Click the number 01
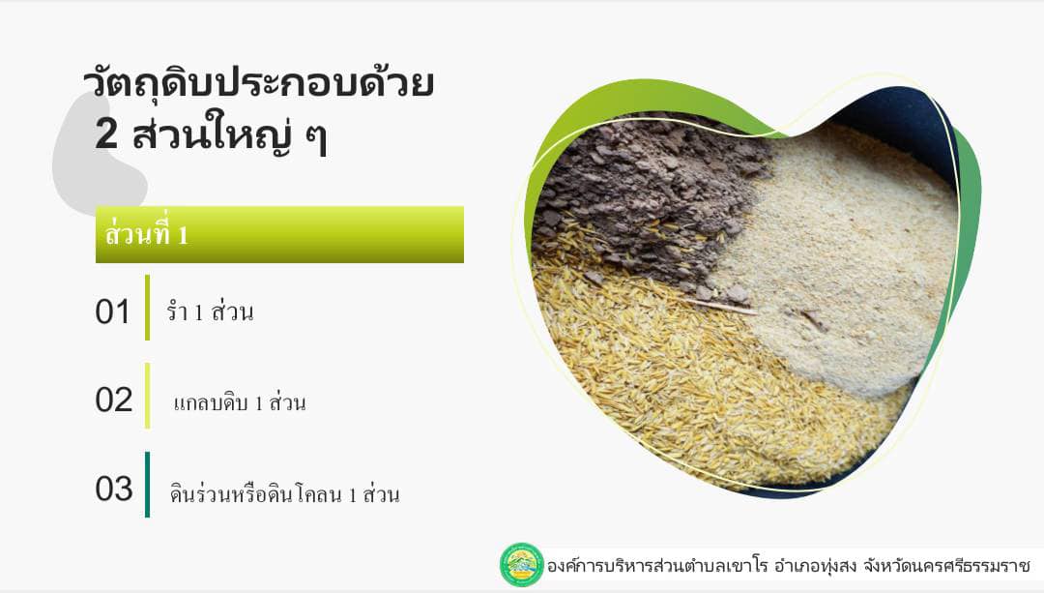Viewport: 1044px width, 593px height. point(112,311)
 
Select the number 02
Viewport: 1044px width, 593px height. point(114,400)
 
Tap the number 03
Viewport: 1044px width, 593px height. point(114,489)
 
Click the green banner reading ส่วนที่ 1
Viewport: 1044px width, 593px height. point(279,234)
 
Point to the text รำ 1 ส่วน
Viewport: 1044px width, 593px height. point(210,311)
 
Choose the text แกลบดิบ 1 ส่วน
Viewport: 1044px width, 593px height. point(240,401)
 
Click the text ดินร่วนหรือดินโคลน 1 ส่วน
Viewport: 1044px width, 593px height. point(284,493)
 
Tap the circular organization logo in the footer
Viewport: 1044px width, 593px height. point(522,565)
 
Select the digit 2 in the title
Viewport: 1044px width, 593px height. point(106,133)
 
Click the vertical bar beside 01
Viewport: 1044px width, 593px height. point(147,308)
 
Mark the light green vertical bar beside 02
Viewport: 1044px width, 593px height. point(147,396)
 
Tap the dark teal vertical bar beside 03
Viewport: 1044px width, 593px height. point(147,485)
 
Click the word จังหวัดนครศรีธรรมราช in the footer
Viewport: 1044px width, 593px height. point(946,566)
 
